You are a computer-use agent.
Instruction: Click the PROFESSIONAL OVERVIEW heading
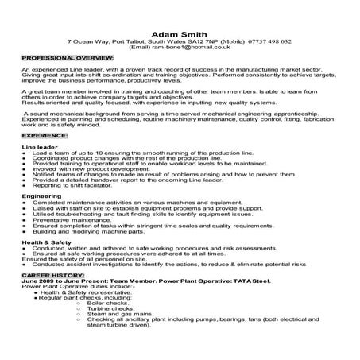pos(67,60)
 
